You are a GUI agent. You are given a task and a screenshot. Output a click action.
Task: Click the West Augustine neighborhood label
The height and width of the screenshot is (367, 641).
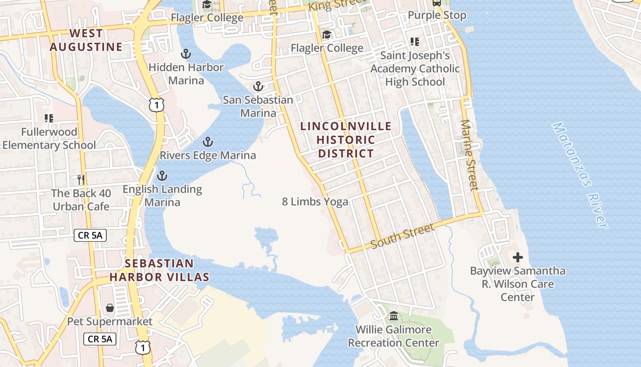click(x=86, y=40)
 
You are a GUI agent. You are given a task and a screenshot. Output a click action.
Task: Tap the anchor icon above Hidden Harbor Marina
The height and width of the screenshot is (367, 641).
click(x=185, y=54)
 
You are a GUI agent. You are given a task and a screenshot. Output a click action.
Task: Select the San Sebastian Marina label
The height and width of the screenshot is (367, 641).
click(x=258, y=106)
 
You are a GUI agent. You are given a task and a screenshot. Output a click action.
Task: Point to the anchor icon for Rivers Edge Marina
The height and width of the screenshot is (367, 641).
click(x=208, y=142)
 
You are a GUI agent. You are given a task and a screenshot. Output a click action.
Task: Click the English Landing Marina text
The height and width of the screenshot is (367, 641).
click(x=162, y=195)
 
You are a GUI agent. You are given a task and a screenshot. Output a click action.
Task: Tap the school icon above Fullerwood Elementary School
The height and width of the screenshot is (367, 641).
click(x=49, y=118)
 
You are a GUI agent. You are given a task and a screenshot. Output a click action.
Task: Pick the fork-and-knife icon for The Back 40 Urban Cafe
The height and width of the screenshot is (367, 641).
click(x=81, y=179)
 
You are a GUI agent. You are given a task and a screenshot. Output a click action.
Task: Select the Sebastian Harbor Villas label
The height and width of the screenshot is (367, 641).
click(x=159, y=270)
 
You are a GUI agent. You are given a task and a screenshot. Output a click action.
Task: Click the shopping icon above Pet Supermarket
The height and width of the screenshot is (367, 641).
click(x=110, y=307)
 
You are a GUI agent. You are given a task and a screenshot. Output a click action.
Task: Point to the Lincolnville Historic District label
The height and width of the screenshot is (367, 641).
click(x=346, y=139)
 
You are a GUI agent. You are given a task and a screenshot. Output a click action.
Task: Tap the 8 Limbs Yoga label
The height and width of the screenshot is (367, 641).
click(x=315, y=201)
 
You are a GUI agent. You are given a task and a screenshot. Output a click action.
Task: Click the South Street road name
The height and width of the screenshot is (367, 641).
click(x=402, y=236)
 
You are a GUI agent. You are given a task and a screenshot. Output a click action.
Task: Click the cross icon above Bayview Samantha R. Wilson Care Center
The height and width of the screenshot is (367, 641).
click(x=518, y=257)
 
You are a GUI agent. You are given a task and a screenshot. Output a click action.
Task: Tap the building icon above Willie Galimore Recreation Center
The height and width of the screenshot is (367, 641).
click(x=393, y=316)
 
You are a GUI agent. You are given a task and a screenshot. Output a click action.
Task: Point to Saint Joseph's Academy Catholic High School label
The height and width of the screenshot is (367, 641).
click(x=415, y=69)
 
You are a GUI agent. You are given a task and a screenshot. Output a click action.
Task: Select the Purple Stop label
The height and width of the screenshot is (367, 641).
click(x=437, y=15)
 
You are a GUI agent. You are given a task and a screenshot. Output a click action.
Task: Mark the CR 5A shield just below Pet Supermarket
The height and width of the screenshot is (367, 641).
click(x=100, y=339)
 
